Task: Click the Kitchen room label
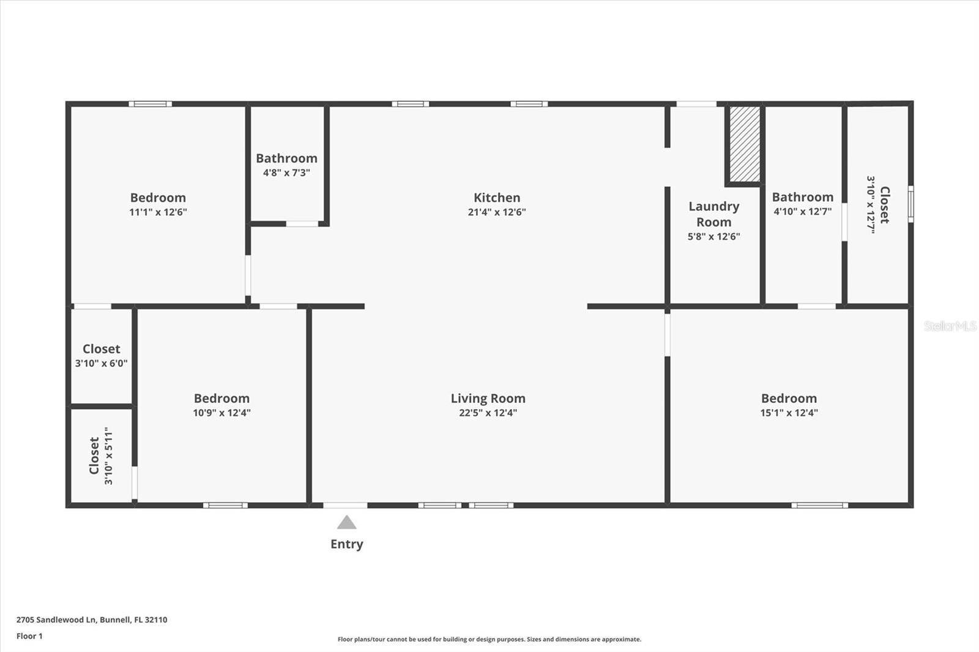coord(496,198)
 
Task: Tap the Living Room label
coord(488,398)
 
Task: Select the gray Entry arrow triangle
coord(346,523)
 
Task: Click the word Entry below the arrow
coord(346,544)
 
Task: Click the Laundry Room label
coord(713,214)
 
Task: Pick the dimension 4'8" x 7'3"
coord(286,172)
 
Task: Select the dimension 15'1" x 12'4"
coord(789,413)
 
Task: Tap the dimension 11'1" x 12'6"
coord(158,212)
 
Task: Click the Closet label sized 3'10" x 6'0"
coord(101,349)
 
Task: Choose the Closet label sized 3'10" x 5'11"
coord(94,456)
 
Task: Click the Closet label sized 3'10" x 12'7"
coord(884,205)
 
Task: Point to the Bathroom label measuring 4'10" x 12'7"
coord(802,197)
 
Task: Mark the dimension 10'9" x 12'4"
coord(221,413)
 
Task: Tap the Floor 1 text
coord(29,636)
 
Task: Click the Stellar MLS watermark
coord(950,326)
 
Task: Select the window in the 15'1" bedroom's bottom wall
coord(819,505)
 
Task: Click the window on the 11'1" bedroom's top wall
coord(150,104)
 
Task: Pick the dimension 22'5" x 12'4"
coord(488,413)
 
